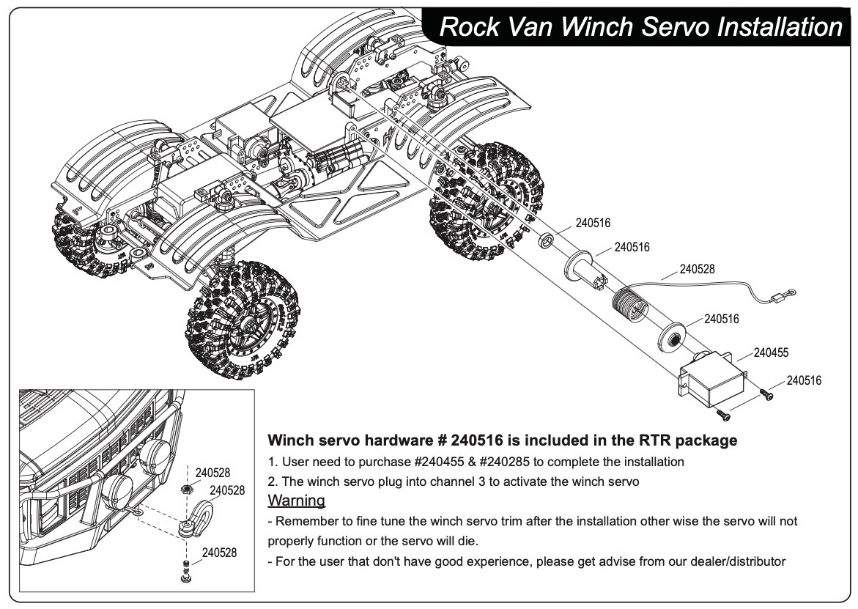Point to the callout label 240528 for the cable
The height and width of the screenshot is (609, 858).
(697, 269)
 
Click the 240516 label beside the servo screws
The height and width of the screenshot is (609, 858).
(804, 380)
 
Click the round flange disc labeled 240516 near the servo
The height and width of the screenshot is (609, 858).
(672, 336)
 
